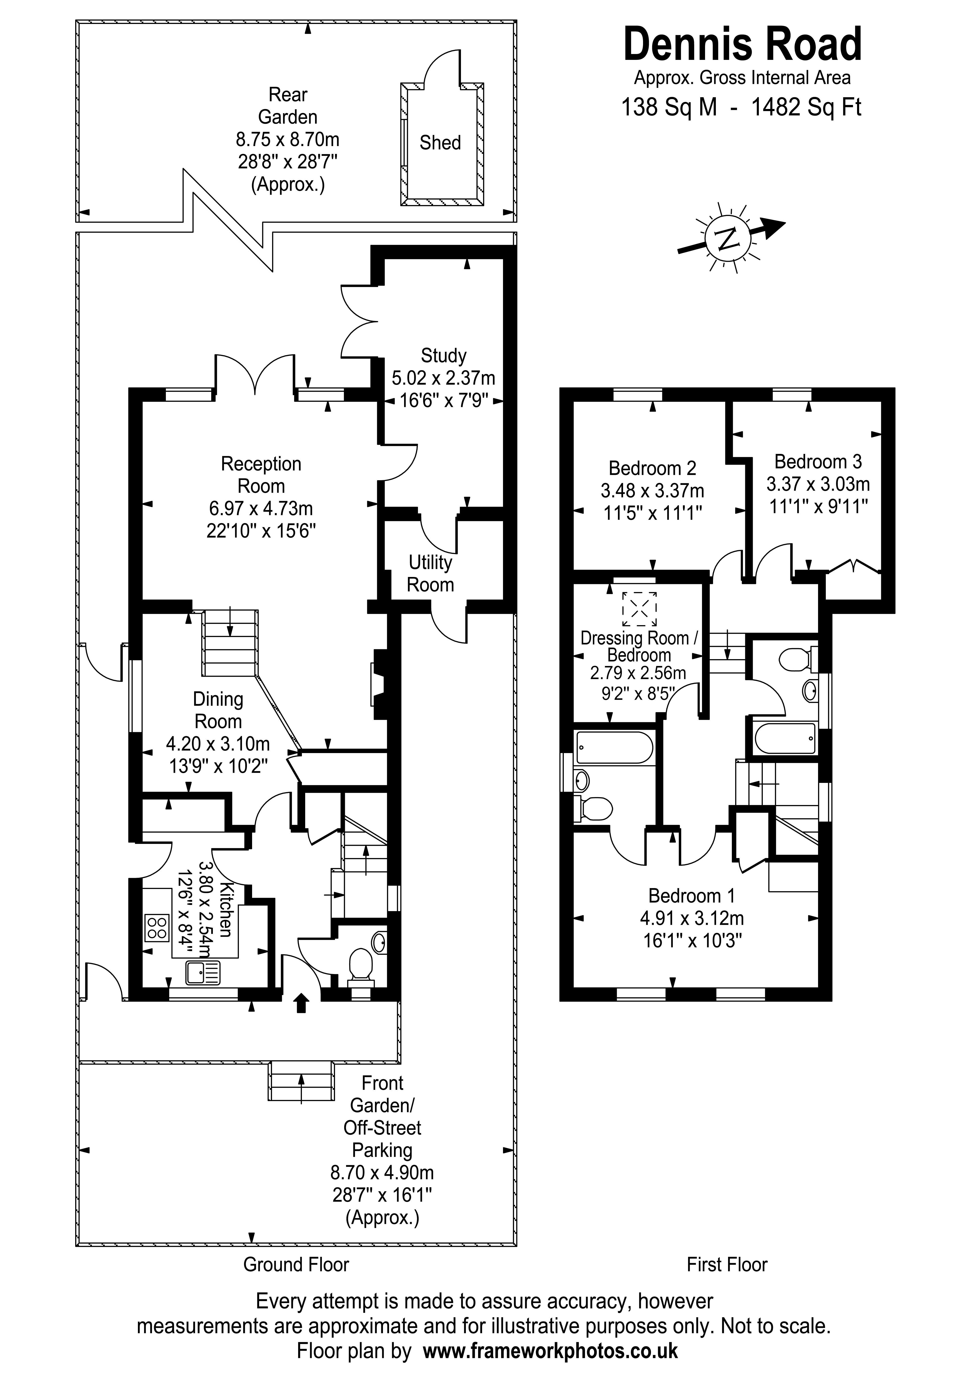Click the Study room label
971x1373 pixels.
(x=443, y=356)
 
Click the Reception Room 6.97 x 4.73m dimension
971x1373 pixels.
(x=261, y=508)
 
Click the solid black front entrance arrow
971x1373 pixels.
(x=301, y=1003)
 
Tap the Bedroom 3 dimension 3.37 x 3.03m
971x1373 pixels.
(x=818, y=484)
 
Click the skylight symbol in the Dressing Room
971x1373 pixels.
(x=639, y=608)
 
